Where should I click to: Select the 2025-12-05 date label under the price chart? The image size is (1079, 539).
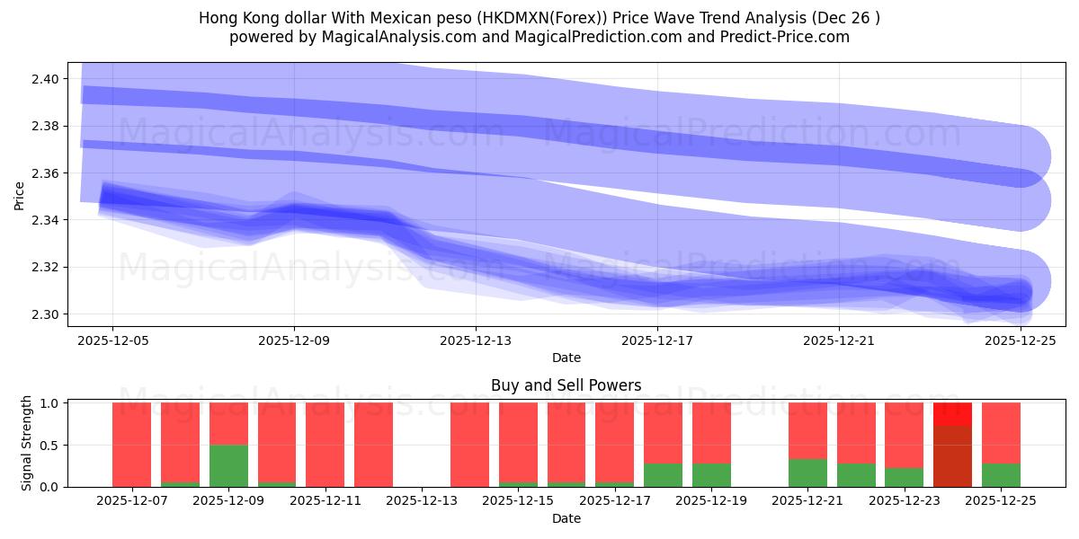112,340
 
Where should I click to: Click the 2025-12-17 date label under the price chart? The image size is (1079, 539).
657,340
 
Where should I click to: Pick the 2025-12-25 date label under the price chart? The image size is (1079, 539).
1021,340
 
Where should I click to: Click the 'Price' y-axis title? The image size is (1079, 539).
20,197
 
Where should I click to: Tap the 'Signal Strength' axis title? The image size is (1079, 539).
27,443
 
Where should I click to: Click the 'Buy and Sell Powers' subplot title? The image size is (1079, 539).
566,385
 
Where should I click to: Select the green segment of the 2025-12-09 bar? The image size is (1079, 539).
228,465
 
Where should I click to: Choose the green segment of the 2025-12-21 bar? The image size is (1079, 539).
807,473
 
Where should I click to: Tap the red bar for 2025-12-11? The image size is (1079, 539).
325,444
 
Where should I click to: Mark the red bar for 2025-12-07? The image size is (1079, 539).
131,444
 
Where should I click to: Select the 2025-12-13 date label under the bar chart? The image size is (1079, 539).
422,500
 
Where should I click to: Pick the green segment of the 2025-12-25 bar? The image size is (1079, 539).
1001,474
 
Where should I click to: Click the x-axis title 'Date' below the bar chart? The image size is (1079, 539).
566,518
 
